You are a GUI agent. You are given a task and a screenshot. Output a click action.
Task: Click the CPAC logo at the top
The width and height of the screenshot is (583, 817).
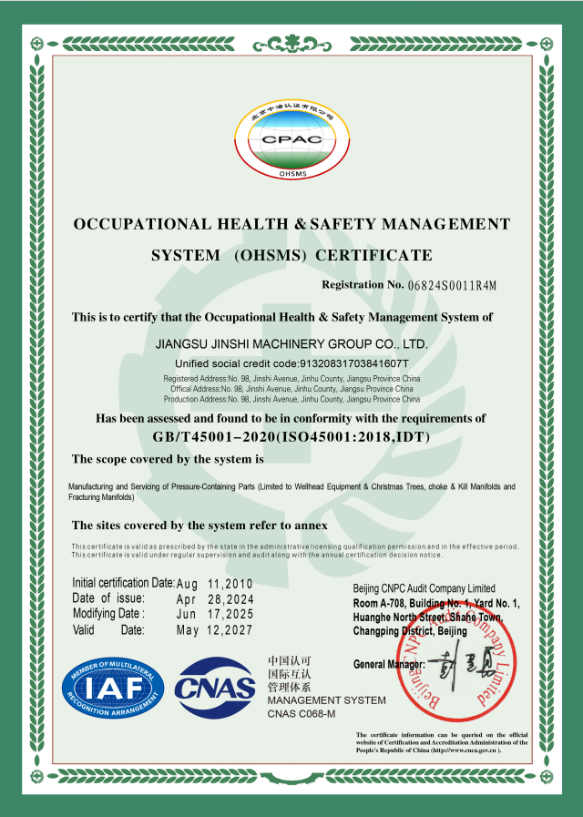[291, 139]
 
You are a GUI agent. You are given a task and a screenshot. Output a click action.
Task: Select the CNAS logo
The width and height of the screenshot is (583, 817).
[215, 689]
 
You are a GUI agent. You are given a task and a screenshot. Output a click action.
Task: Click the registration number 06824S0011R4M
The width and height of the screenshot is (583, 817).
[453, 285]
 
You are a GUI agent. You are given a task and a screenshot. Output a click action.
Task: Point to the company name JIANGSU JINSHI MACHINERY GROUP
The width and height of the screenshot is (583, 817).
[291, 344]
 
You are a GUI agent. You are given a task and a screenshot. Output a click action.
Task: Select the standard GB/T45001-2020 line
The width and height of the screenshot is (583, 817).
[291, 437]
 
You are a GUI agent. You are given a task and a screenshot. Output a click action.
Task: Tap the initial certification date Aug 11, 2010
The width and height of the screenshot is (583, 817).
[215, 584]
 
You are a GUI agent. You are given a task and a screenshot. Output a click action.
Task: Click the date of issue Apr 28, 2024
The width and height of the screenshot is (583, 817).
[215, 599]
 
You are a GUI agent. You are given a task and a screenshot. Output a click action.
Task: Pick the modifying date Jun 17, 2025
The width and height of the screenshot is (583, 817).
[215, 615]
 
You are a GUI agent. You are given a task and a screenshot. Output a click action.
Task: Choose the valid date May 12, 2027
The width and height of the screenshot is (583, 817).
[215, 630]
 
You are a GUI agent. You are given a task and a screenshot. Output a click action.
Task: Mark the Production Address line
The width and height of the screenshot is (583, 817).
[291, 399]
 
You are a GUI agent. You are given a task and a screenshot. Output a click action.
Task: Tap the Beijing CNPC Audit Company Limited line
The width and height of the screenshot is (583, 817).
[424, 588]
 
